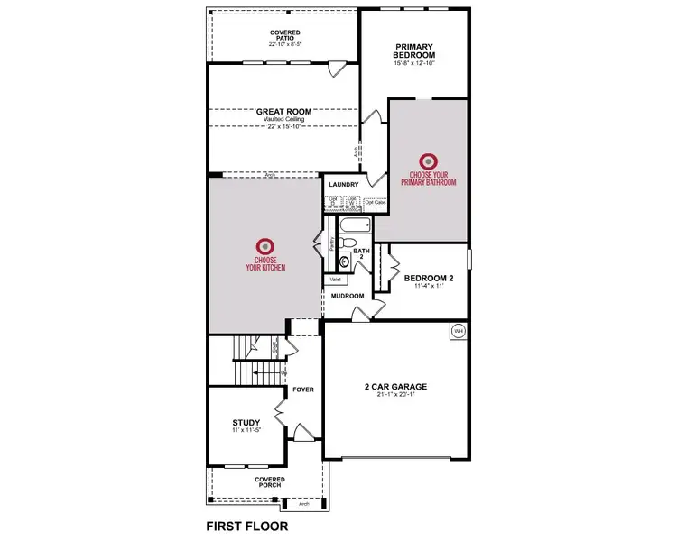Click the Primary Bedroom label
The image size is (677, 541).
(x=414, y=50)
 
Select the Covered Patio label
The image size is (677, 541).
(x=284, y=36)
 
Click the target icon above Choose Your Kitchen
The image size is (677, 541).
(x=264, y=245)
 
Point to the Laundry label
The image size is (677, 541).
(x=344, y=185)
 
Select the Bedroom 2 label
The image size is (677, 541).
(x=429, y=278)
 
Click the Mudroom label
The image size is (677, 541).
(x=347, y=296)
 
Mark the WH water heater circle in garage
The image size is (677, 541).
(x=458, y=330)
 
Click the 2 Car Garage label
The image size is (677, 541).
(x=395, y=387)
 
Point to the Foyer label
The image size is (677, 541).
(x=302, y=390)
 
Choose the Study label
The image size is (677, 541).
(x=246, y=422)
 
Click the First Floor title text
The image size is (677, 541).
(x=246, y=525)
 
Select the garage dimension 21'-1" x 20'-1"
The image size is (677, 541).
(x=395, y=395)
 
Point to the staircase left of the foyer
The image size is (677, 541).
(x=246, y=361)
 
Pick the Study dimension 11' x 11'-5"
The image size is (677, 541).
(x=246, y=430)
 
